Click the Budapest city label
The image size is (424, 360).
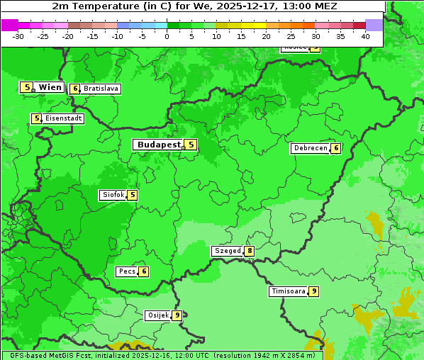click(x=158, y=145)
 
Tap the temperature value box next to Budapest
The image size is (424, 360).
click(x=190, y=145)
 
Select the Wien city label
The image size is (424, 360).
click(x=50, y=87)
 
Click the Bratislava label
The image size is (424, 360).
click(x=100, y=89)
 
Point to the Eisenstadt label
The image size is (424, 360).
click(x=63, y=118)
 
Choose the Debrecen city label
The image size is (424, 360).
click(x=310, y=148)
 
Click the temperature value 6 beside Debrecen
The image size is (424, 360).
click(x=335, y=148)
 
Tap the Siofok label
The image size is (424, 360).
click(x=113, y=195)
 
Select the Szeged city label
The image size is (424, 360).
click(x=228, y=251)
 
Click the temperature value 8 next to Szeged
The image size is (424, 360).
click(x=249, y=251)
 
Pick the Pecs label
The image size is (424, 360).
click(x=128, y=271)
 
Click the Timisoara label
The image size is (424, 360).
click(x=289, y=291)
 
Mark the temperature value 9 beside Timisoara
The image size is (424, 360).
click(x=313, y=291)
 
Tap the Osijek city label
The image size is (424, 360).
click(x=157, y=315)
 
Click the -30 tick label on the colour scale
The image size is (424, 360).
click(x=18, y=36)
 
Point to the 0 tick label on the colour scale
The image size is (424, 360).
click(x=167, y=36)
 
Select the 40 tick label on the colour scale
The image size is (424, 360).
click(x=365, y=36)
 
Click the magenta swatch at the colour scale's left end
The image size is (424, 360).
click(x=9, y=25)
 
